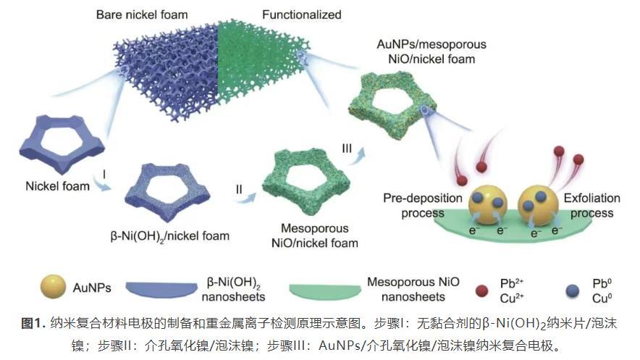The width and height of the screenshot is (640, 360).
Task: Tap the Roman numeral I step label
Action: [106, 175]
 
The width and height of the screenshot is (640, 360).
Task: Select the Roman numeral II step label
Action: [238, 189]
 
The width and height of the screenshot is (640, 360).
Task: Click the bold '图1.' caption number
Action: [35, 322]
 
